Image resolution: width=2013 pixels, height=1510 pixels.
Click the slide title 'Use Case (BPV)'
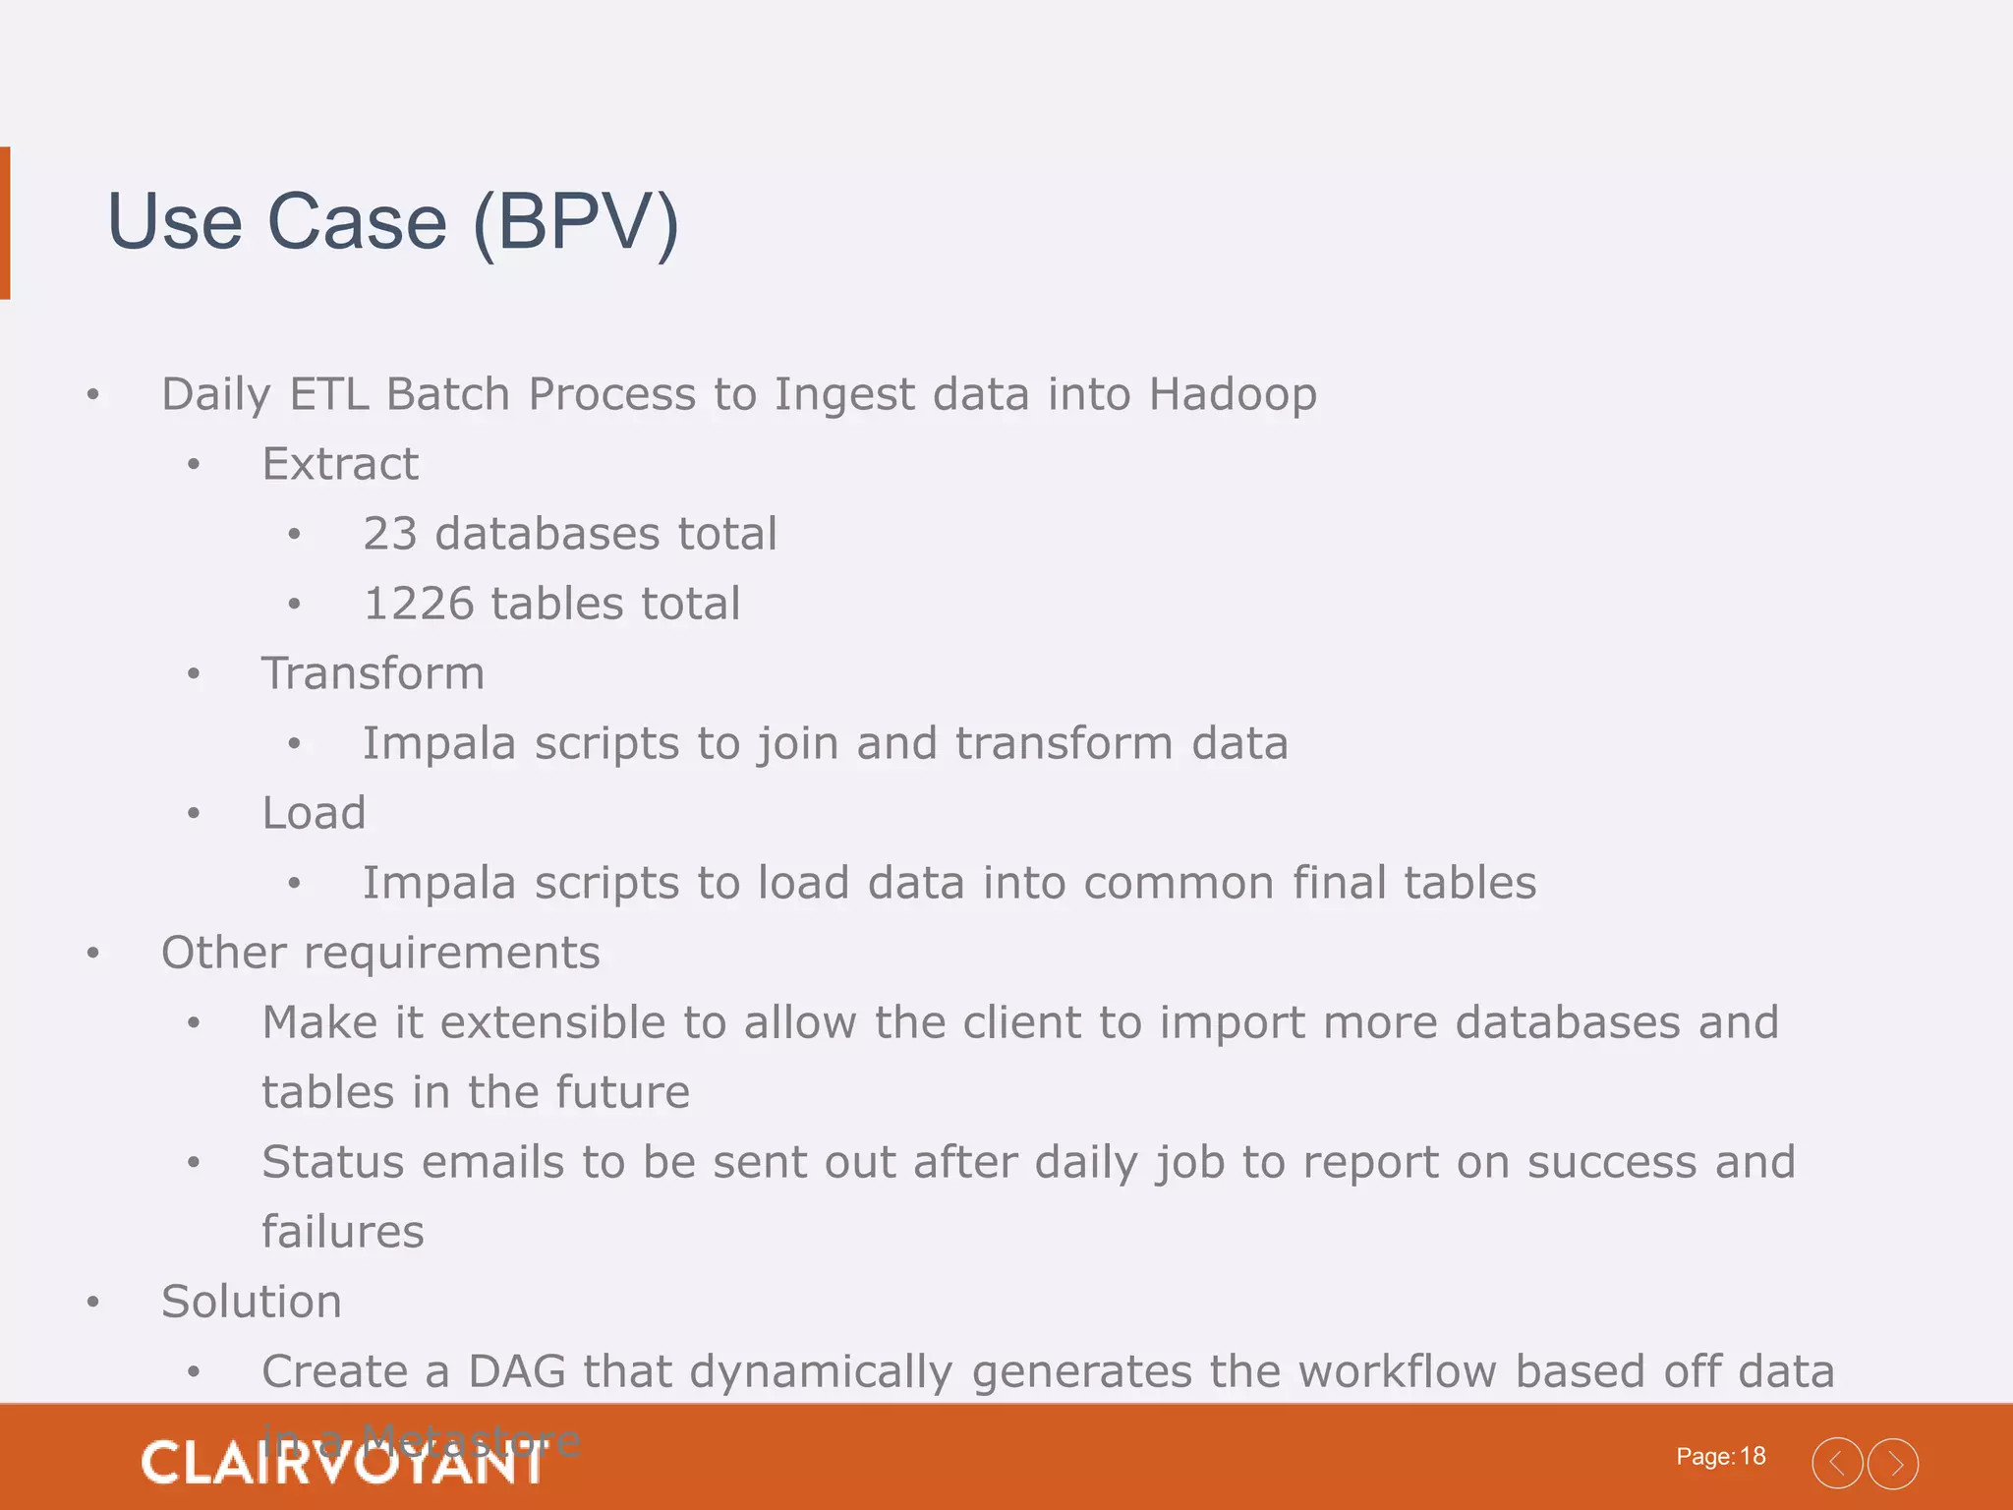click(392, 222)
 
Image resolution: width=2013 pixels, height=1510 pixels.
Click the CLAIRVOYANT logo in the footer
click(342, 1463)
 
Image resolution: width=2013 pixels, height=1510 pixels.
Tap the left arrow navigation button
click(1837, 1464)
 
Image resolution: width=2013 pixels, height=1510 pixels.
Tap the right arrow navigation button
click(1893, 1464)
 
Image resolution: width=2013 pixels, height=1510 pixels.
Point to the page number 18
click(1753, 1456)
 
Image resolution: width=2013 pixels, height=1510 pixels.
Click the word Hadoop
click(1233, 395)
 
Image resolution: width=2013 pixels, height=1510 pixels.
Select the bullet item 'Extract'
click(340, 464)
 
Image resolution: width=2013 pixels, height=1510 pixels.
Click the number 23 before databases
click(390, 534)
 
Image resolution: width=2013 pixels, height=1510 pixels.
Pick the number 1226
click(418, 604)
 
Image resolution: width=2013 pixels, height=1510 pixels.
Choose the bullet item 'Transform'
click(374, 673)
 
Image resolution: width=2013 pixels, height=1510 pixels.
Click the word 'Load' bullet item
click(314, 813)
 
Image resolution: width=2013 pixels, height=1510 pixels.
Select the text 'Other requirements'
click(380, 953)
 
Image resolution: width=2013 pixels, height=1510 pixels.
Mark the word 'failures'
click(343, 1232)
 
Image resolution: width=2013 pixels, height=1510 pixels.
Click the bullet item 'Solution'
click(252, 1302)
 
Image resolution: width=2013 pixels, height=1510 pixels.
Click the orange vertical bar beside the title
click(5, 222)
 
